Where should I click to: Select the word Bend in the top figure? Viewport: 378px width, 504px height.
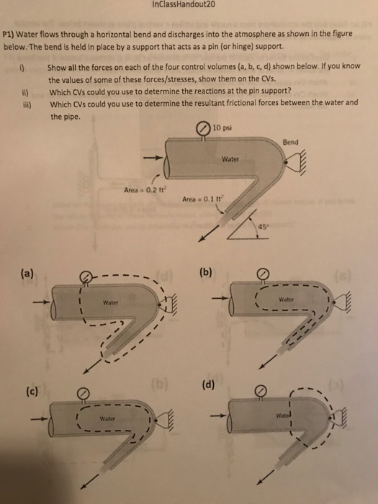(x=292, y=141)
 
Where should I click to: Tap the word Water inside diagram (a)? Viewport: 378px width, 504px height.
(x=111, y=303)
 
